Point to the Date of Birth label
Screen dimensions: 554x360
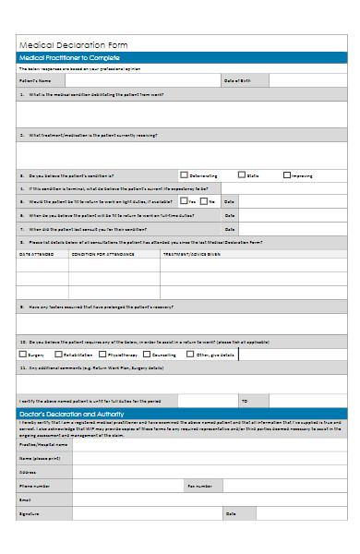coord(237,81)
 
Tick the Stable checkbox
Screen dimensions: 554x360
coord(241,175)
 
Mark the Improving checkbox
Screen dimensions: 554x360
coord(287,175)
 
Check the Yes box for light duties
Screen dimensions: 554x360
coord(182,200)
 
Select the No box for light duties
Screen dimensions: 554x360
coord(205,200)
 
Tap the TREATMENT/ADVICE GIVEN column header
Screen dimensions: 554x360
coord(191,253)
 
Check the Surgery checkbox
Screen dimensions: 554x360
coord(23,354)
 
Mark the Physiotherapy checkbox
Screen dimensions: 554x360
coord(102,354)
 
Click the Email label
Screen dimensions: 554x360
coord(26,499)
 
